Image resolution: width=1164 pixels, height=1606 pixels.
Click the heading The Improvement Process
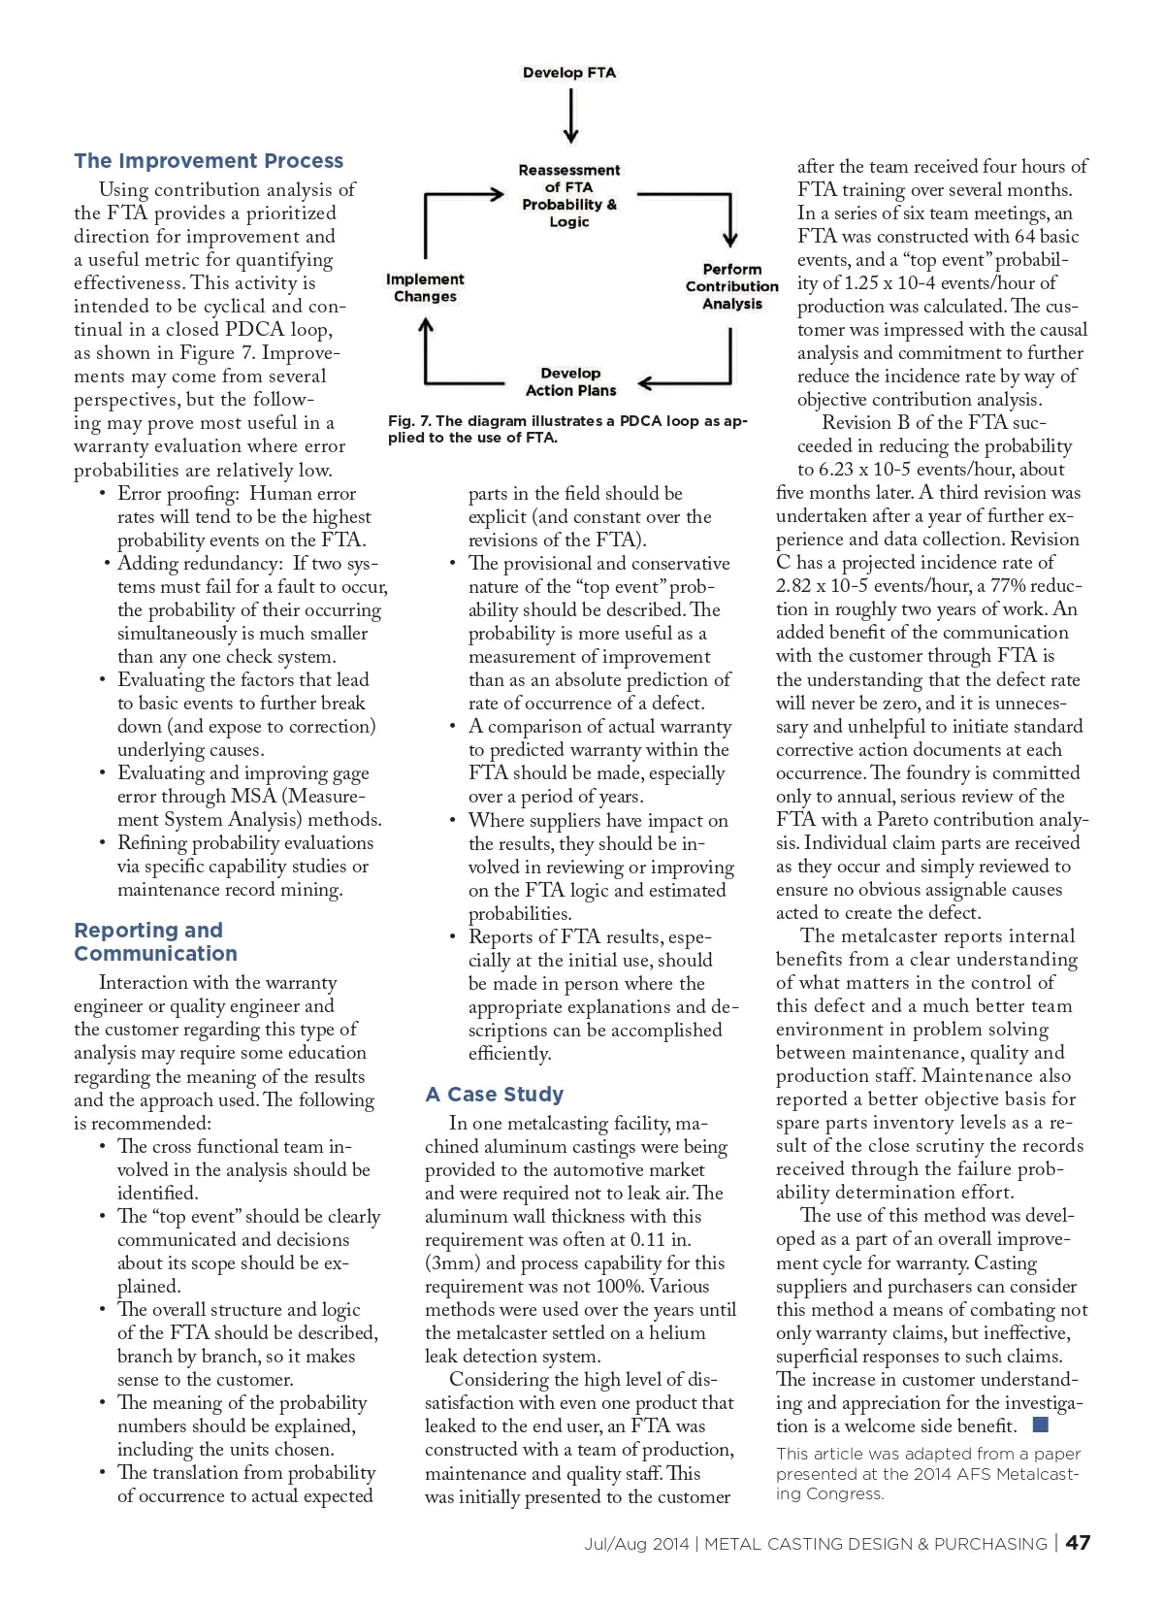(209, 161)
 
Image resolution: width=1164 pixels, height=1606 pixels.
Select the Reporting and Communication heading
(155, 941)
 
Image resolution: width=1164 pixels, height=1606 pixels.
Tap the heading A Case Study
(495, 1095)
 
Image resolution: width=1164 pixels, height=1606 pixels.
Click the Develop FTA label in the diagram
(569, 73)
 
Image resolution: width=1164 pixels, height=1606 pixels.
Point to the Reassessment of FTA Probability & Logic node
(569, 196)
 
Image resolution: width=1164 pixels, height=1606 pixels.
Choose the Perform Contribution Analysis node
(732, 286)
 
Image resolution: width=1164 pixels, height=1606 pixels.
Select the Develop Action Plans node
(570, 381)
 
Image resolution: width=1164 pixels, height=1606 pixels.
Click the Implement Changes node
(425, 287)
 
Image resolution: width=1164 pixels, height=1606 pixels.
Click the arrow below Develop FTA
(570, 116)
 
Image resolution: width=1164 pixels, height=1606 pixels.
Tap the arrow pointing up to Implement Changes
(426, 349)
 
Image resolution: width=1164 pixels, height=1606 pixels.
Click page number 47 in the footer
(1078, 1543)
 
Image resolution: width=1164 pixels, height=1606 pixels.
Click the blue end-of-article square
(1041, 1425)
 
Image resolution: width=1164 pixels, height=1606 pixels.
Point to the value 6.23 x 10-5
(876, 470)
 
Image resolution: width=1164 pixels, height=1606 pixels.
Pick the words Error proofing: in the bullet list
(178, 494)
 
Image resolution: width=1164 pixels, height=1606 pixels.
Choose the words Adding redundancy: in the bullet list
(200, 564)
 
